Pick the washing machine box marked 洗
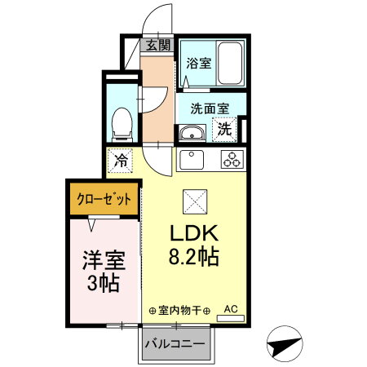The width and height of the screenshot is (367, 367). tap(223, 129)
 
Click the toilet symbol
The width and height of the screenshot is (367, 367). tap(122, 122)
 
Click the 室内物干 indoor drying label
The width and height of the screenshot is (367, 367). tap(180, 310)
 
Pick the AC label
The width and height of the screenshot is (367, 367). tap(230, 309)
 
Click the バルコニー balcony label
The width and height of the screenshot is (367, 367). tap(175, 343)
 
